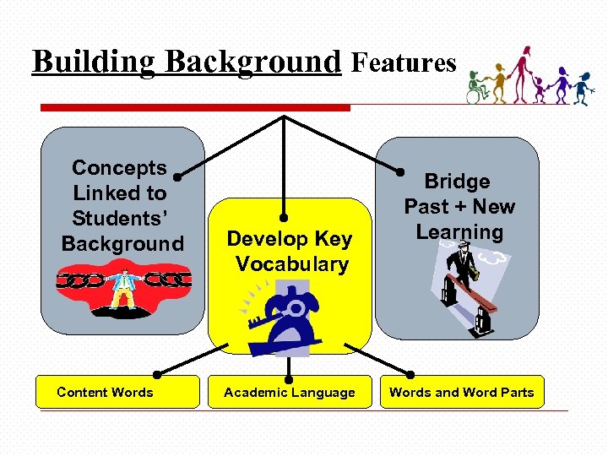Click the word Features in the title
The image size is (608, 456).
[x=403, y=62]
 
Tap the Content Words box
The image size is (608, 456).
[x=105, y=392]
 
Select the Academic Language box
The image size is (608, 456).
[x=289, y=392]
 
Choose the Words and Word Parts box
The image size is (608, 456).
[x=461, y=392]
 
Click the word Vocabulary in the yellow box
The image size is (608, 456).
[x=292, y=264]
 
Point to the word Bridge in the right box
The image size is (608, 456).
[x=457, y=182]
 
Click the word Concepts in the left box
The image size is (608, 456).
[x=120, y=168]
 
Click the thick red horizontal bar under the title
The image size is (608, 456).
[x=195, y=108]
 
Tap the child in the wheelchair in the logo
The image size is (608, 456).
[x=479, y=88]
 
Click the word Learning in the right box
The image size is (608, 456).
[x=460, y=232]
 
